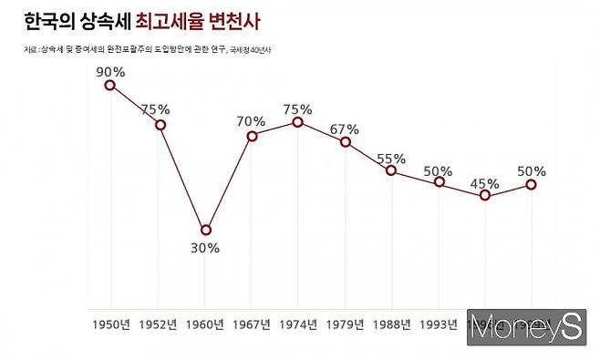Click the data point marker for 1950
coord(110,85)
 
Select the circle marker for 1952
coord(160,124)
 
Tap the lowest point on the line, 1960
coord(206,230)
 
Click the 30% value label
coord(205,248)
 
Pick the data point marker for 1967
coord(252,136)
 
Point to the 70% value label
coord(251,119)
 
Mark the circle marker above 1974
coord(298,121)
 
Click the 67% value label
coord(347,127)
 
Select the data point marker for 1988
coord(391,170)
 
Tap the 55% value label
coord(391,156)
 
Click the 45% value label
coord(485,183)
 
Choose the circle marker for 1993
coord(439,182)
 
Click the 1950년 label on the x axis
coord(111,324)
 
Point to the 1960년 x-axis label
coord(205,324)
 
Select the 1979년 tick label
coord(345,324)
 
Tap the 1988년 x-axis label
coord(392,324)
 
